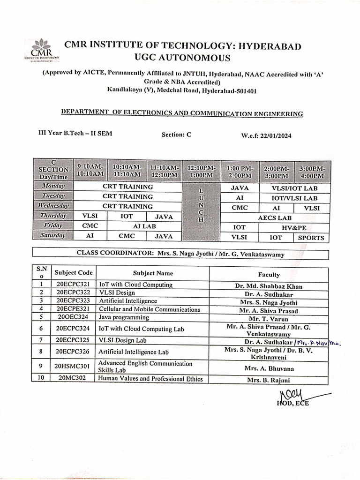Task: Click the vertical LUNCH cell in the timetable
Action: [x=201, y=206]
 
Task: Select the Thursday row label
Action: [x=53, y=216]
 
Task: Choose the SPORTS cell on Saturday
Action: [x=311, y=237]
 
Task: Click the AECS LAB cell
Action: [x=275, y=217]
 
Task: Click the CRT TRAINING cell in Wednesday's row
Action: [x=127, y=206]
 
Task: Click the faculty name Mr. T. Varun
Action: [x=269, y=318]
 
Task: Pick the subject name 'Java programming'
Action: [x=121, y=317]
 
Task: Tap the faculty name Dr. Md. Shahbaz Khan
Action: [x=269, y=286]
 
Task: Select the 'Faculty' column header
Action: [x=269, y=275]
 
